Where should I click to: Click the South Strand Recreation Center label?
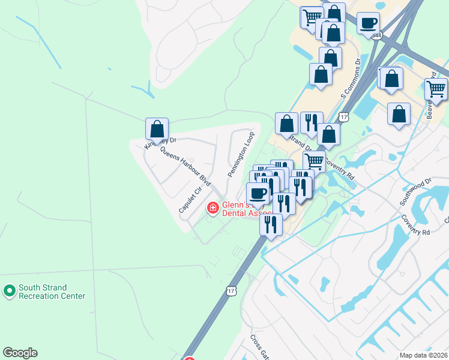coord(52,292)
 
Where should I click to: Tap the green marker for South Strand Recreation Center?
coord(9,292)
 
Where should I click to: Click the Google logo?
coord(20,353)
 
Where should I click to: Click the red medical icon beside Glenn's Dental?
coord(212,208)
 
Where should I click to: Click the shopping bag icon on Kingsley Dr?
coord(157,128)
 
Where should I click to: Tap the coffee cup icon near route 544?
coord(368,23)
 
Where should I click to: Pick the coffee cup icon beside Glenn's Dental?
coord(258,193)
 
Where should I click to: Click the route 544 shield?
coord(376,35)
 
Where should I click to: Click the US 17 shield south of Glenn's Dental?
coord(232,291)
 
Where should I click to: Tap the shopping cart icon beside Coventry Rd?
coord(314,161)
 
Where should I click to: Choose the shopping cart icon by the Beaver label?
coord(436,89)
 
